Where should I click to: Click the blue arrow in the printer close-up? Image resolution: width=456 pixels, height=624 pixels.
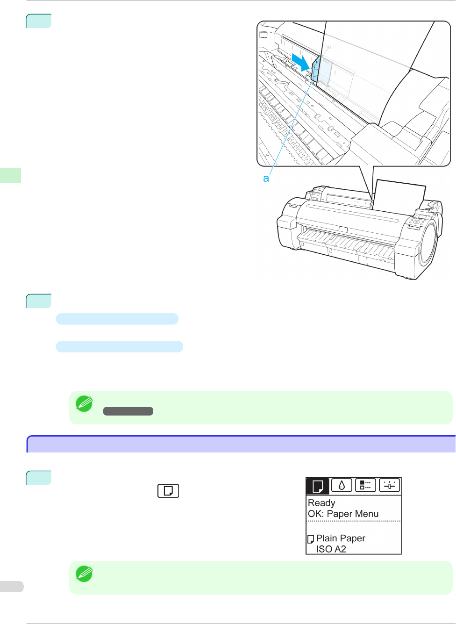point(301,63)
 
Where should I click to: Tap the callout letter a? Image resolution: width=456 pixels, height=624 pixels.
point(266,178)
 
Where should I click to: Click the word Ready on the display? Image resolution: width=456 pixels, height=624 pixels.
point(321,503)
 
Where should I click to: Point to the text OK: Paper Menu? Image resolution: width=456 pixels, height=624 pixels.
point(343,513)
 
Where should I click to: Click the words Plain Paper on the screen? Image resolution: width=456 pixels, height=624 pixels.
point(341,538)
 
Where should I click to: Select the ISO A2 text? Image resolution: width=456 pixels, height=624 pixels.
point(331,549)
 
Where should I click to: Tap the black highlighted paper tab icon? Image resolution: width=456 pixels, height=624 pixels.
point(318,486)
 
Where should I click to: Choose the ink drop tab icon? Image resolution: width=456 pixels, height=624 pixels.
point(342,485)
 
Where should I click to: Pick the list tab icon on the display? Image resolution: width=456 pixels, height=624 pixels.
point(365,485)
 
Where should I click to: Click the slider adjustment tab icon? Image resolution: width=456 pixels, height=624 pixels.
point(390,485)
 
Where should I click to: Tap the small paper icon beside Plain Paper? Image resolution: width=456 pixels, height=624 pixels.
point(311,539)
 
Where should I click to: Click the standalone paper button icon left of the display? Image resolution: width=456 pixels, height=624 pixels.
point(168,491)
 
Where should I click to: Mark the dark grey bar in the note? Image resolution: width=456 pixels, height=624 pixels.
point(128,411)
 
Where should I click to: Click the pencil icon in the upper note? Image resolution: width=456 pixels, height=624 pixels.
point(84,404)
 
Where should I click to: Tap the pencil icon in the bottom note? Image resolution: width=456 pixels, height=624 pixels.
point(84,574)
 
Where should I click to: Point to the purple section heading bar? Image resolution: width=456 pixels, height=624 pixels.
point(241,444)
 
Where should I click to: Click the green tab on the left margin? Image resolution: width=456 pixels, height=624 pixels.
point(11,175)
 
